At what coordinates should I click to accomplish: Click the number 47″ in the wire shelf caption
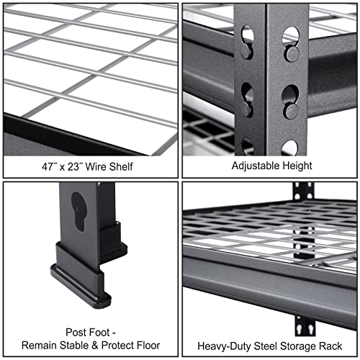50,166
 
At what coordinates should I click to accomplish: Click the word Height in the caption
296,166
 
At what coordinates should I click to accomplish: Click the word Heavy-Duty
217,343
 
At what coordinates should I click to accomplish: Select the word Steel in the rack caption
258,343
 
